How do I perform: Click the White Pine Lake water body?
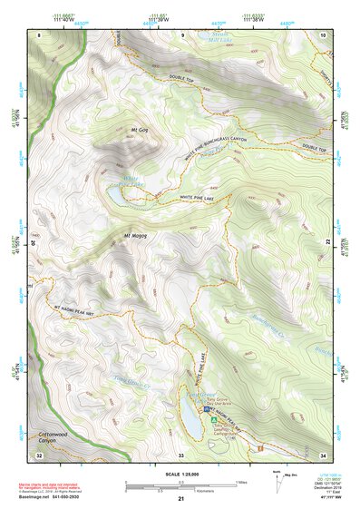(119, 192)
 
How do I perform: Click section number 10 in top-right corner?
(322, 34)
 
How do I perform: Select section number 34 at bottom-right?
(322, 453)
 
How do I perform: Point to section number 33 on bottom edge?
(180, 453)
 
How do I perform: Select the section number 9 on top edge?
(182, 34)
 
